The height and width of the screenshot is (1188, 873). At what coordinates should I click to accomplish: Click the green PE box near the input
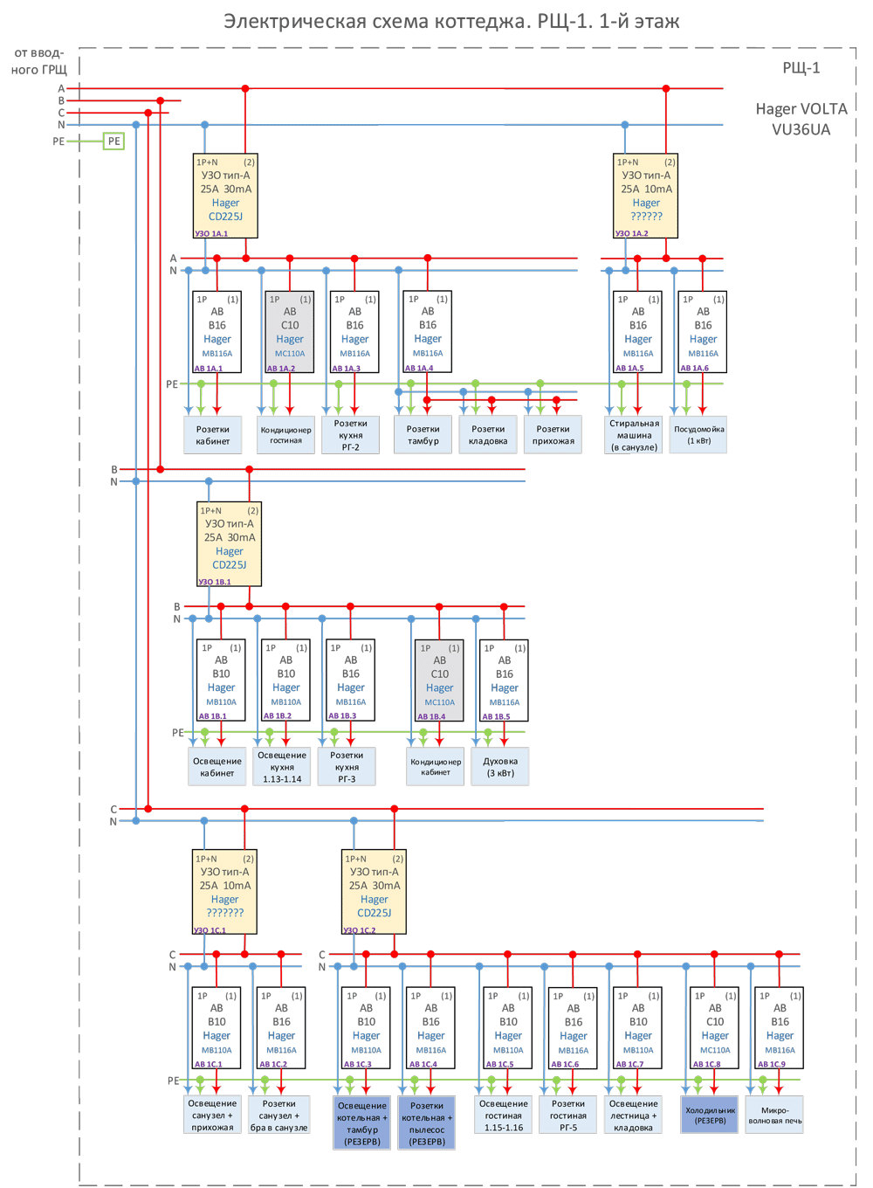113,141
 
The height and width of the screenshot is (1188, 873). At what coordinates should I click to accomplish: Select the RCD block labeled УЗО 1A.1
225,196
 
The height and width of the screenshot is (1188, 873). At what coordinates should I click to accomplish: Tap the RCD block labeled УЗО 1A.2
646,196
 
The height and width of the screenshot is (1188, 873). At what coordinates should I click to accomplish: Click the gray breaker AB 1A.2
290,333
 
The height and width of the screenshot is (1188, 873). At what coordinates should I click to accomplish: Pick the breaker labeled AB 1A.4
428,332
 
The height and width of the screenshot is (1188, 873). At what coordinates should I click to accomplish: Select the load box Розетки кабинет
213,435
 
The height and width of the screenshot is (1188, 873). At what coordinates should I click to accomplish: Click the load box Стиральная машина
635,435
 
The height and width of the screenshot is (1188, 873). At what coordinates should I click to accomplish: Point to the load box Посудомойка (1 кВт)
699,435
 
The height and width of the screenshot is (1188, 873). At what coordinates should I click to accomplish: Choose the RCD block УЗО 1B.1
229,543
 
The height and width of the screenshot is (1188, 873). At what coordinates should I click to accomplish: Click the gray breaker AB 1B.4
439,680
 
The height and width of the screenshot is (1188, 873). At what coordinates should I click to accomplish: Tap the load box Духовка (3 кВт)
500,767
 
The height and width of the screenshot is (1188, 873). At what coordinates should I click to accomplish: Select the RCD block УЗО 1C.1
224,892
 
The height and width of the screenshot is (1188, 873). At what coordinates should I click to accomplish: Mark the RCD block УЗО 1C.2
374,892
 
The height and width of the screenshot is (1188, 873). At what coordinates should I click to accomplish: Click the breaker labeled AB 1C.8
714,1028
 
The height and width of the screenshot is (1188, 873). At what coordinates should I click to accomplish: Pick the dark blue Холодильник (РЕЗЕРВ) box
710,1115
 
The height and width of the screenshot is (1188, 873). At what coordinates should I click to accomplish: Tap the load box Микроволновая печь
774,1115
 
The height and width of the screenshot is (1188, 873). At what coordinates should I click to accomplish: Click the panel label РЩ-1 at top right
801,68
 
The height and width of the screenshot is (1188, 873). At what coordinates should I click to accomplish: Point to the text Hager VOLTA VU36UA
801,119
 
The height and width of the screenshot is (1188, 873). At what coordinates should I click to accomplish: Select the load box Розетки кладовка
488,435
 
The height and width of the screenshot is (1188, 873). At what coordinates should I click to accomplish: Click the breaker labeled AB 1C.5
508,1028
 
